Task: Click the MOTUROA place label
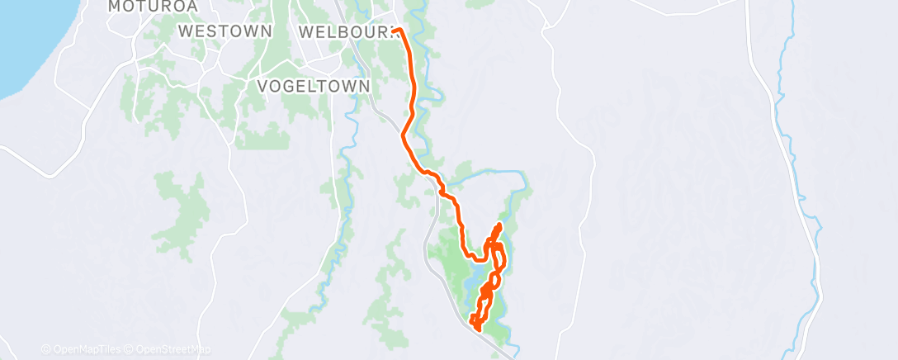144,7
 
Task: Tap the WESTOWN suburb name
225,31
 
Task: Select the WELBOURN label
347,31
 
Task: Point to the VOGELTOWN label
313,86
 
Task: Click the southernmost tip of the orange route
478,331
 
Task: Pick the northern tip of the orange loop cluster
499,225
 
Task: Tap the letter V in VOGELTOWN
263,86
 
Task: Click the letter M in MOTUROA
115,7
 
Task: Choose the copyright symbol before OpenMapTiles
45,349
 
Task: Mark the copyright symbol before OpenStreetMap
130,349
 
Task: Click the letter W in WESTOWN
186,31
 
